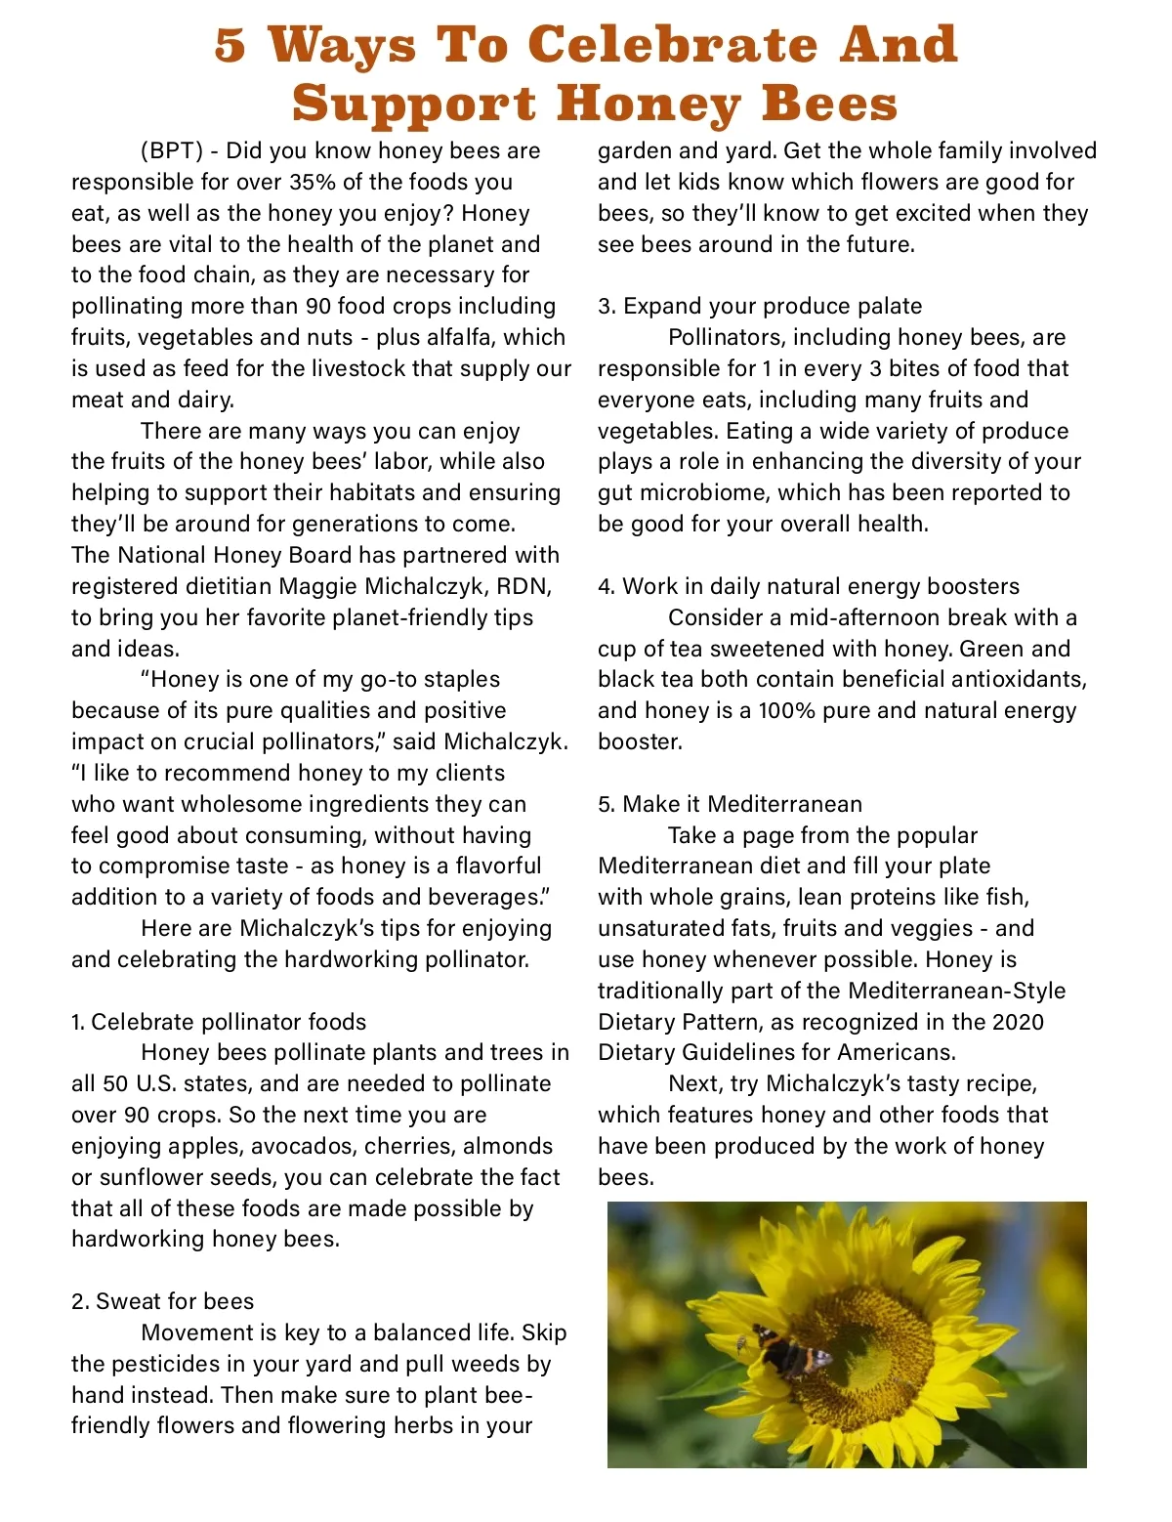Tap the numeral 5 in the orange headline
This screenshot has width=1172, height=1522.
pos(230,45)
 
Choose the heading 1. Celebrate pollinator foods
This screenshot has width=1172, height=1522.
pos(219,1023)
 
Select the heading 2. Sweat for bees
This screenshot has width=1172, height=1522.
pos(162,1302)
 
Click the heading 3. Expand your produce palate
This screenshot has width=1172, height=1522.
pos(760,307)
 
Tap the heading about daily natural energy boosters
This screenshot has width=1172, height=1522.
pos(809,587)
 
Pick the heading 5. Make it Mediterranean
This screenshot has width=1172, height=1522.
pos(730,805)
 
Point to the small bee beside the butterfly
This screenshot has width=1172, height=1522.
pos(741,1344)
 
